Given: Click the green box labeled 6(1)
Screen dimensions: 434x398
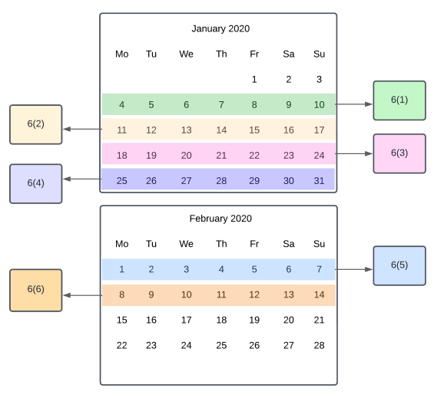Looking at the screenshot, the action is click(399, 100).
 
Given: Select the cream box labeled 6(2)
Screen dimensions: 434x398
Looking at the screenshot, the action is click(36, 124).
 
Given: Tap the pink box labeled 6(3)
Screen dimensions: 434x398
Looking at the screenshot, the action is click(399, 153).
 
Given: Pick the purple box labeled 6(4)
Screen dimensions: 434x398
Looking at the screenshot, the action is click(36, 184).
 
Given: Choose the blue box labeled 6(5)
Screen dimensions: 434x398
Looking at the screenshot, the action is click(399, 265).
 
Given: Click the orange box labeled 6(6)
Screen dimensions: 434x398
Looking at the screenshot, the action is click(36, 290).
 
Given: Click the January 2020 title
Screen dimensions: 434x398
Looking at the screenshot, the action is click(220, 28).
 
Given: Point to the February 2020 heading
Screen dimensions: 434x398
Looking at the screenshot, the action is click(220, 219).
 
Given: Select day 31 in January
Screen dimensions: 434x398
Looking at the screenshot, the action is click(319, 181).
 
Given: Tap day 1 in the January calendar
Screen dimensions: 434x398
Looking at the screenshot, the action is click(254, 80).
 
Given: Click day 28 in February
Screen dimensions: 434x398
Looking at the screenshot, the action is click(319, 346).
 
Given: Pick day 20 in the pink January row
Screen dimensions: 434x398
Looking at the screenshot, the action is click(187, 156).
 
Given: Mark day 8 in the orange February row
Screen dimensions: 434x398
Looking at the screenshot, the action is click(122, 295).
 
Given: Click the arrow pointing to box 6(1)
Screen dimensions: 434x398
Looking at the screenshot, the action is click(354, 104).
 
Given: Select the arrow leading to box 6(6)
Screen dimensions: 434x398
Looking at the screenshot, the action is click(83, 295).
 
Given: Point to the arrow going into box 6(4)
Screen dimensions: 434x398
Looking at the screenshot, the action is click(82, 179).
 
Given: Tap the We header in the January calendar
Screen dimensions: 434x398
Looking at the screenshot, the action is click(187, 54).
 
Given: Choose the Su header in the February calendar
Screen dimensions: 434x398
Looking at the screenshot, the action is click(319, 244).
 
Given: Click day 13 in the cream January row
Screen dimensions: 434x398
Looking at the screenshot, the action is click(187, 130).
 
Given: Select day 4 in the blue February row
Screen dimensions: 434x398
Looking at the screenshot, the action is click(221, 269).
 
